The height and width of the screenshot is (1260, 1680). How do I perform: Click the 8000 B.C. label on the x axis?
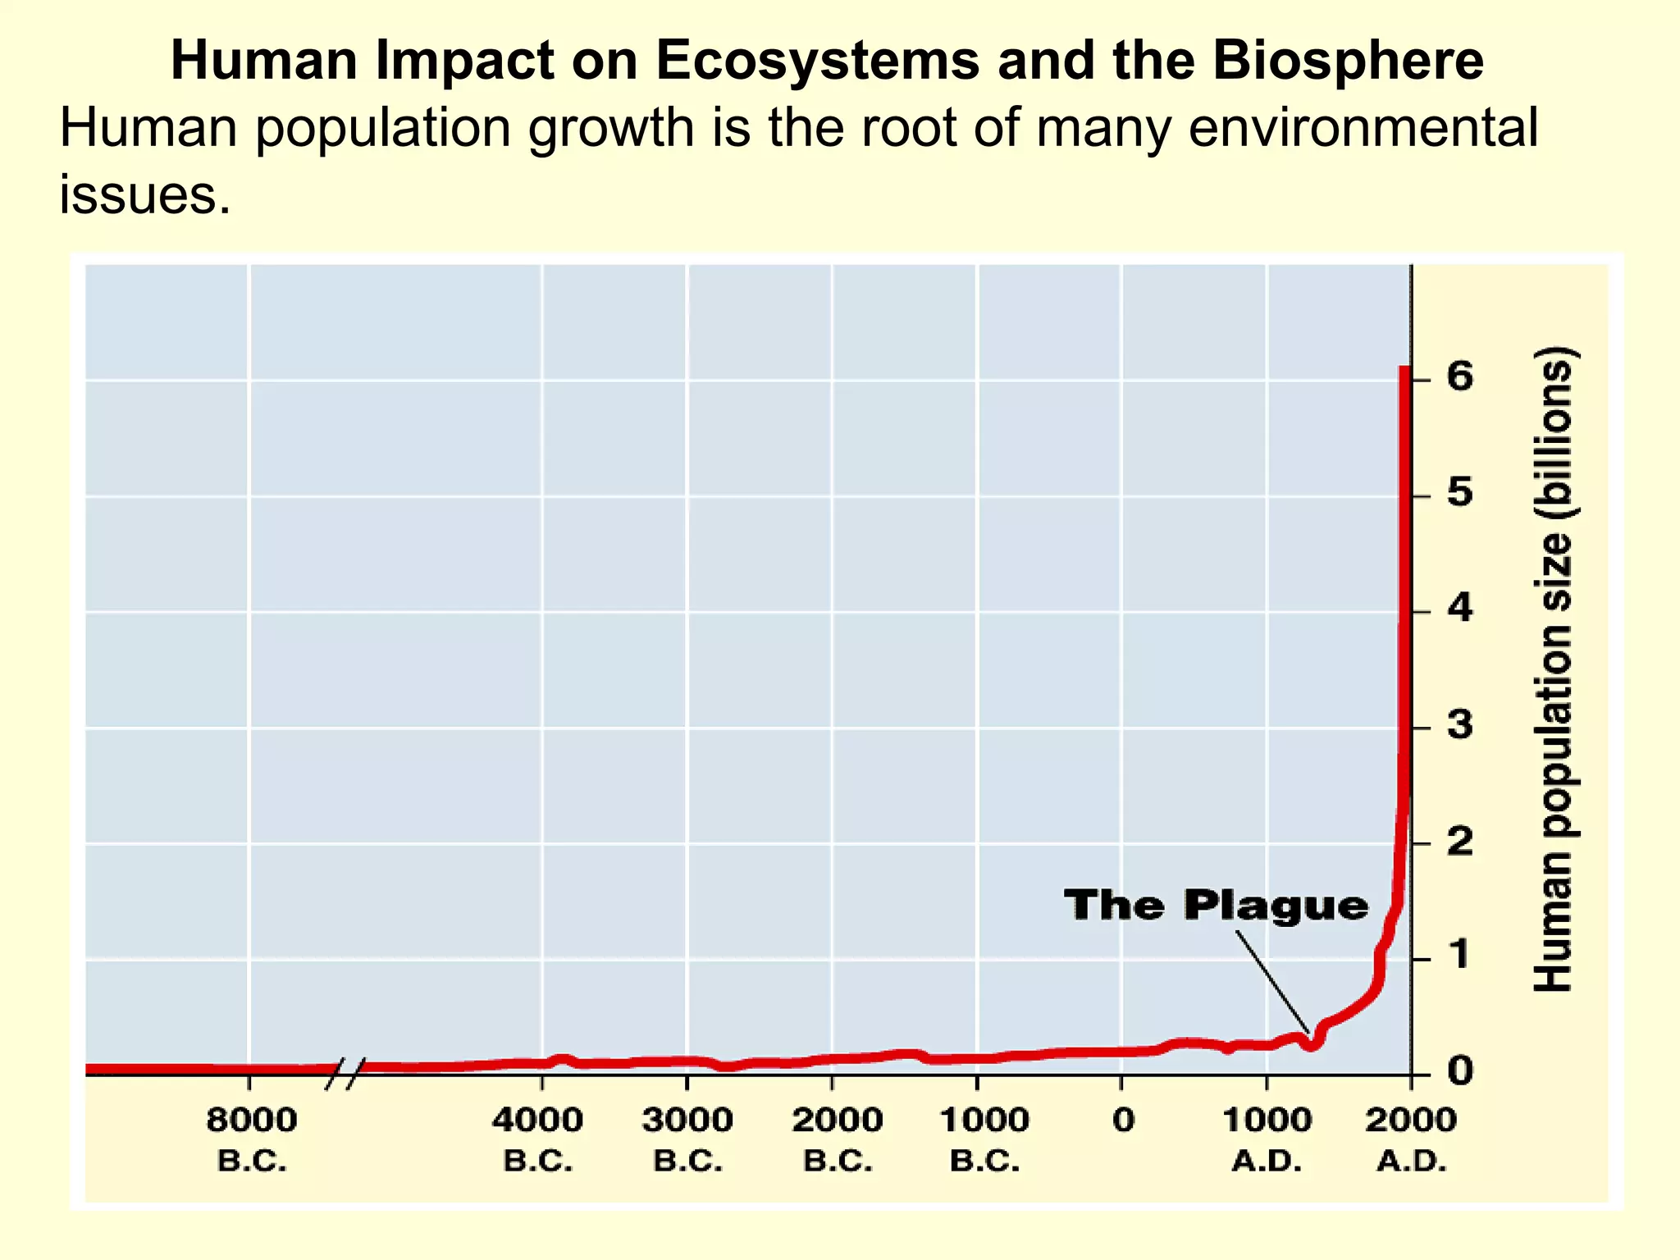point(251,1139)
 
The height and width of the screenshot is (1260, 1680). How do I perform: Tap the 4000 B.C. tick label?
point(537,1139)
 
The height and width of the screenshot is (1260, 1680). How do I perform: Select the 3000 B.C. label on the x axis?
point(687,1139)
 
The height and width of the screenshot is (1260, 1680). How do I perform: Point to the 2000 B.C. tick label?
point(837,1139)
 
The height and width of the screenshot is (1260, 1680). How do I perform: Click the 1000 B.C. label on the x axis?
point(984,1139)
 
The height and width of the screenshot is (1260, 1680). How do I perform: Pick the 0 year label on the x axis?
point(1123,1121)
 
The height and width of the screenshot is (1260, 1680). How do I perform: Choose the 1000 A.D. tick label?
point(1267,1139)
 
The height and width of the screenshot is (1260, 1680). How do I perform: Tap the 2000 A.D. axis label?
point(1411,1139)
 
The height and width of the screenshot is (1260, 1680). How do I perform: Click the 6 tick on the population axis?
point(1459,377)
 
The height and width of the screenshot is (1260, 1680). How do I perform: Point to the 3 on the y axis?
point(1459,725)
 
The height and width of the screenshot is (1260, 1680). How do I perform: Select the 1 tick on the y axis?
point(1459,956)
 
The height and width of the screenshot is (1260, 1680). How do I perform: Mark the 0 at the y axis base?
point(1459,1071)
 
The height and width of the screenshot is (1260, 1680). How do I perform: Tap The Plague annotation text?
point(1216,906)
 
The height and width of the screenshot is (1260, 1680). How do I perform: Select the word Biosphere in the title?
point(1348,61)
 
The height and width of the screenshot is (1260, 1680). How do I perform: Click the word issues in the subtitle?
point(145,195)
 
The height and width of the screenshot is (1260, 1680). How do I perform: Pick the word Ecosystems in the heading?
point(817,61)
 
